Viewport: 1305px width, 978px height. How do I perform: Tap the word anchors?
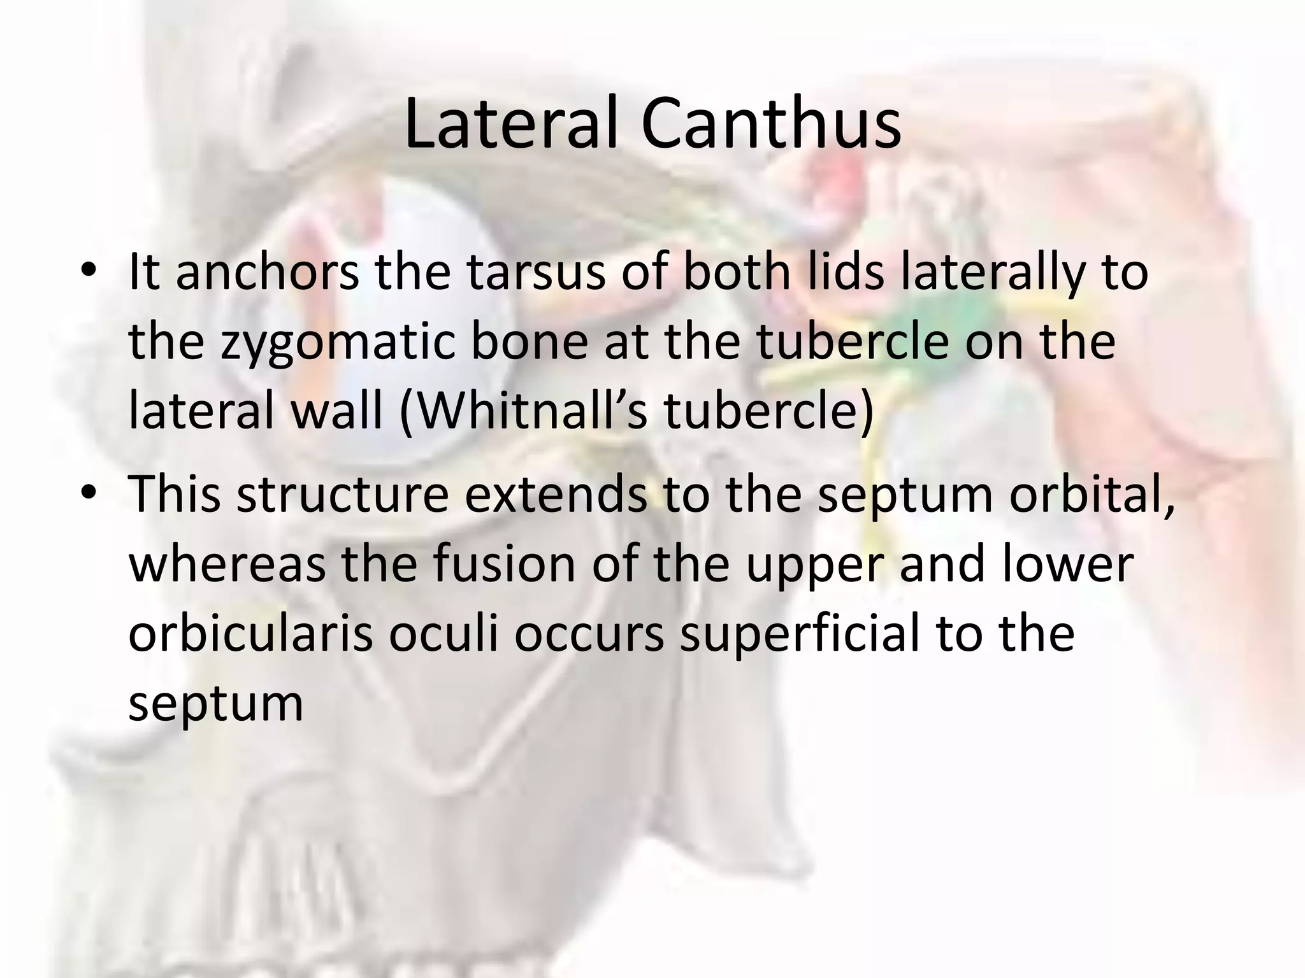click(x=267, y=272)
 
